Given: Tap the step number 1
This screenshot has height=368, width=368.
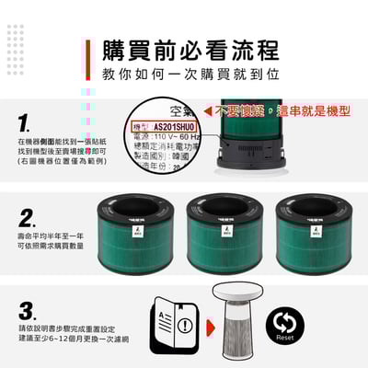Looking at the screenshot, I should coord(26,121).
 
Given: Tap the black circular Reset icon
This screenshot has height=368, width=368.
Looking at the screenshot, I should coord(284,324).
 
